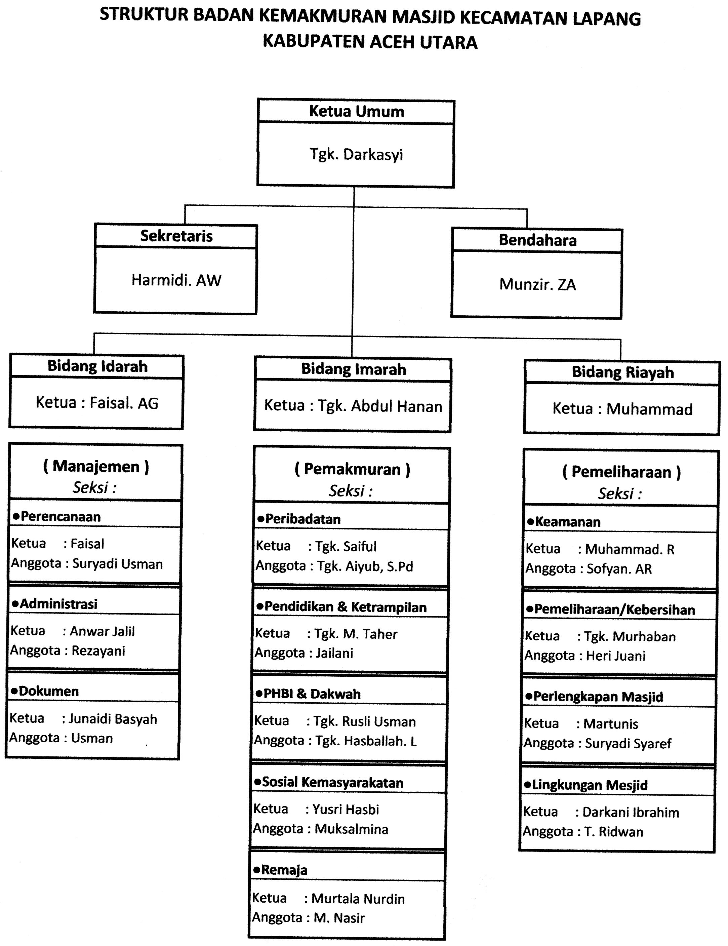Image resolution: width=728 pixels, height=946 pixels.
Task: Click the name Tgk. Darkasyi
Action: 356,155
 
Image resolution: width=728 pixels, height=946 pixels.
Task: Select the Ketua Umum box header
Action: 356,112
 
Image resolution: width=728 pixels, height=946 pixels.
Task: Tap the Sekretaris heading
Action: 176,236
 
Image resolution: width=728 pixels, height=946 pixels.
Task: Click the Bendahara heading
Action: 537,240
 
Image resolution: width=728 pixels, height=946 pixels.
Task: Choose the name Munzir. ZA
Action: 537,285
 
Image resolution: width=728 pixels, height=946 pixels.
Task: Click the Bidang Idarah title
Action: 97,366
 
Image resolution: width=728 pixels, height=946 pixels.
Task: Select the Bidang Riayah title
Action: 623,372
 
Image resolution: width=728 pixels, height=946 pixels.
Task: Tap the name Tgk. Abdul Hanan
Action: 380,406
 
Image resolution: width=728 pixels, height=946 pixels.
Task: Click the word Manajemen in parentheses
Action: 96,467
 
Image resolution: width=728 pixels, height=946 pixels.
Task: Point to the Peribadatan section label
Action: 302,519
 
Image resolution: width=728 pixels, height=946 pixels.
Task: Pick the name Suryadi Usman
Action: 117,564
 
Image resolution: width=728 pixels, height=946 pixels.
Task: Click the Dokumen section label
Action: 48,691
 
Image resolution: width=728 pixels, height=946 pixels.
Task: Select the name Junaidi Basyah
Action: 113,719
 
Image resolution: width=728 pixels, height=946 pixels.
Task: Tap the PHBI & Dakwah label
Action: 311,694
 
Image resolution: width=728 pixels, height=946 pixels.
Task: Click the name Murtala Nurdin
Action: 358,899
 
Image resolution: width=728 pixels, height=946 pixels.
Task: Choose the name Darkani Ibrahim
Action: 631,813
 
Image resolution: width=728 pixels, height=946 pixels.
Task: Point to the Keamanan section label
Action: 567,522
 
